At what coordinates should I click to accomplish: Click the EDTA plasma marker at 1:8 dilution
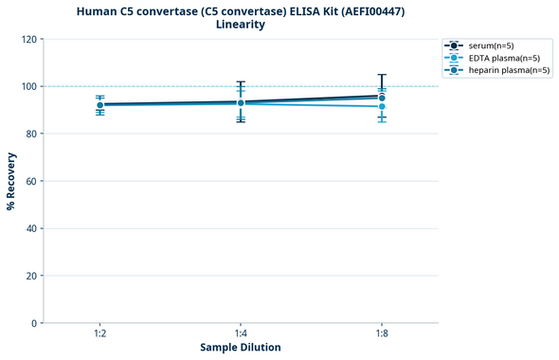coord(381,106)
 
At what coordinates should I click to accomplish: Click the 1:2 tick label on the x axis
coord(99,333)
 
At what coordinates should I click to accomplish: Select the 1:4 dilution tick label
coord(241,333)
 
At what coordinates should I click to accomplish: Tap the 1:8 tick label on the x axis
coord(381,333)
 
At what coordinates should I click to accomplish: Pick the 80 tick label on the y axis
coord(29,134)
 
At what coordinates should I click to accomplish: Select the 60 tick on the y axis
coord(29,181)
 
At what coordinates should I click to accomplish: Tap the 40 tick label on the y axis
coord(29,228)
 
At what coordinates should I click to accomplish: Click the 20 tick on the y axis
coord(29,276)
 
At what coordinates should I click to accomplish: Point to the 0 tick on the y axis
coord(33,323)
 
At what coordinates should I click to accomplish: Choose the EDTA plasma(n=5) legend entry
coord(496,58)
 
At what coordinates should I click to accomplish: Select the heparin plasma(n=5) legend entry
coord(502,70)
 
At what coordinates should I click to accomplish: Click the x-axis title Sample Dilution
coord(241,348)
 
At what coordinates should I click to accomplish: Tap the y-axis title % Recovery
coord(11,181)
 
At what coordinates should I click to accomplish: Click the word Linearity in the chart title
coord(241,25)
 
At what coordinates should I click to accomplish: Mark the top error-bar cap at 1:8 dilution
coord(381,75)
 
